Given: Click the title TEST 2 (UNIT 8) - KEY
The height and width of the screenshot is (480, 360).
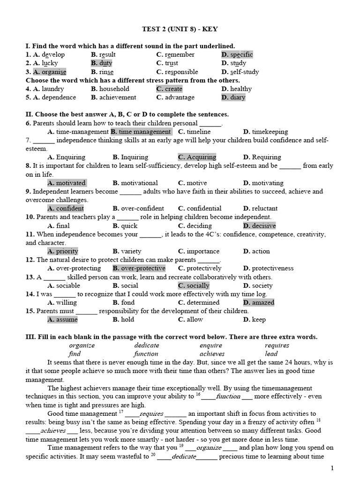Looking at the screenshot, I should (x=180, y=29).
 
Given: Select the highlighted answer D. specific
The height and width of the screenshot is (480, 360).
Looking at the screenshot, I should (x=237, y=55).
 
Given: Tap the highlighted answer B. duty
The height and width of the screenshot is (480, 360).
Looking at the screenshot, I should (x=102, y=63).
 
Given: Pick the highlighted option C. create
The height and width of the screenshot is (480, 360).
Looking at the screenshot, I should (x=169, y=89).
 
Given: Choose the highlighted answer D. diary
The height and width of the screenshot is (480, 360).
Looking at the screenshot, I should (x=233, y=97).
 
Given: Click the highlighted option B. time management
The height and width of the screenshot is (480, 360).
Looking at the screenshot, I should (x=141, y=132).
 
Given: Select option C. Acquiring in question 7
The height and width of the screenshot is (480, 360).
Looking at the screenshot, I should (x=197, y=157).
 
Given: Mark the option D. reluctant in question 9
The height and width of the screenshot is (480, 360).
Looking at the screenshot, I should (x=260, y=209).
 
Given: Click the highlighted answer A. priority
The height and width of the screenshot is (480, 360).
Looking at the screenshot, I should (x=63, y=251).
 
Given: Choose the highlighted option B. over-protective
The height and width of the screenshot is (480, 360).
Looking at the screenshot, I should (x=139, y=269).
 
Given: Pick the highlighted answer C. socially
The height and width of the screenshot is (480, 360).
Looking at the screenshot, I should (x=194, y=285).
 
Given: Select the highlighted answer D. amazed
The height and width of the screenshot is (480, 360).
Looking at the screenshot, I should (x=259, y=303).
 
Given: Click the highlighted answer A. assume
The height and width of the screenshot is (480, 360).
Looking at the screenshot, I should (x=63, y=320).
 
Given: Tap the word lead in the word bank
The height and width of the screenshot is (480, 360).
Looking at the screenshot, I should (x=271, y=354).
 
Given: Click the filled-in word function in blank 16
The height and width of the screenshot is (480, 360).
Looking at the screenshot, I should (x=228, y=396).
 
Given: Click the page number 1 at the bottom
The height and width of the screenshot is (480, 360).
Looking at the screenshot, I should (x=332, y=468).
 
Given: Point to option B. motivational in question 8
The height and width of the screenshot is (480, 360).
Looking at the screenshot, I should (x=135, y=183).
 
